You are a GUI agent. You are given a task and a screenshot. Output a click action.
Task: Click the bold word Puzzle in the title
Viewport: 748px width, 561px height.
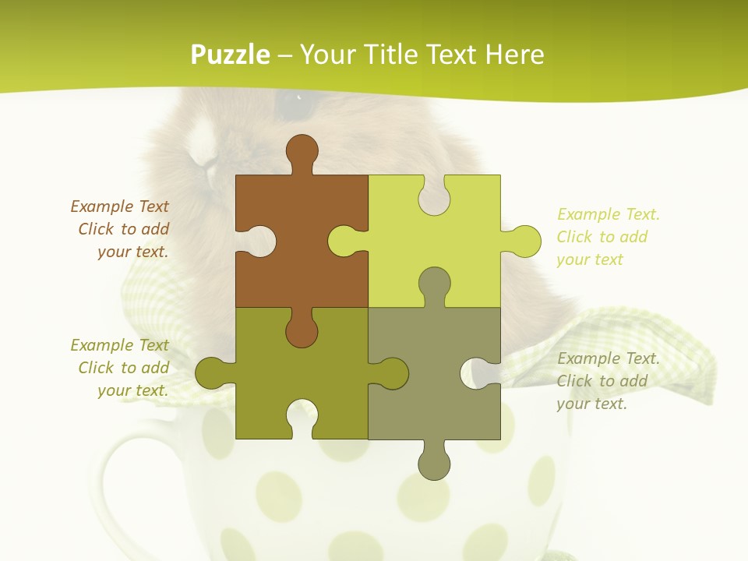click(231, 55)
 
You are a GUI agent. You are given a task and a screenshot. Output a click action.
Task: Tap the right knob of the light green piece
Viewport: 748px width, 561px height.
click(524, 241)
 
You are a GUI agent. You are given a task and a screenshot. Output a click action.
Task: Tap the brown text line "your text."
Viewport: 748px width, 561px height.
click(132, 252)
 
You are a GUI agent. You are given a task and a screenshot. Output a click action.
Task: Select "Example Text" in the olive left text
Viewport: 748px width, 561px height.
click(119, 345)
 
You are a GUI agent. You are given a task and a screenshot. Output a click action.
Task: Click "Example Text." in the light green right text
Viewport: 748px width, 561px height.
click(609, 214)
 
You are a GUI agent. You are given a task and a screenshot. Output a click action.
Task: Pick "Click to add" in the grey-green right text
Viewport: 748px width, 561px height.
click(602, 381)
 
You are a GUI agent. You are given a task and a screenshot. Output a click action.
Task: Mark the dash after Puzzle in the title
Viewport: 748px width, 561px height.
click(284, 55)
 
